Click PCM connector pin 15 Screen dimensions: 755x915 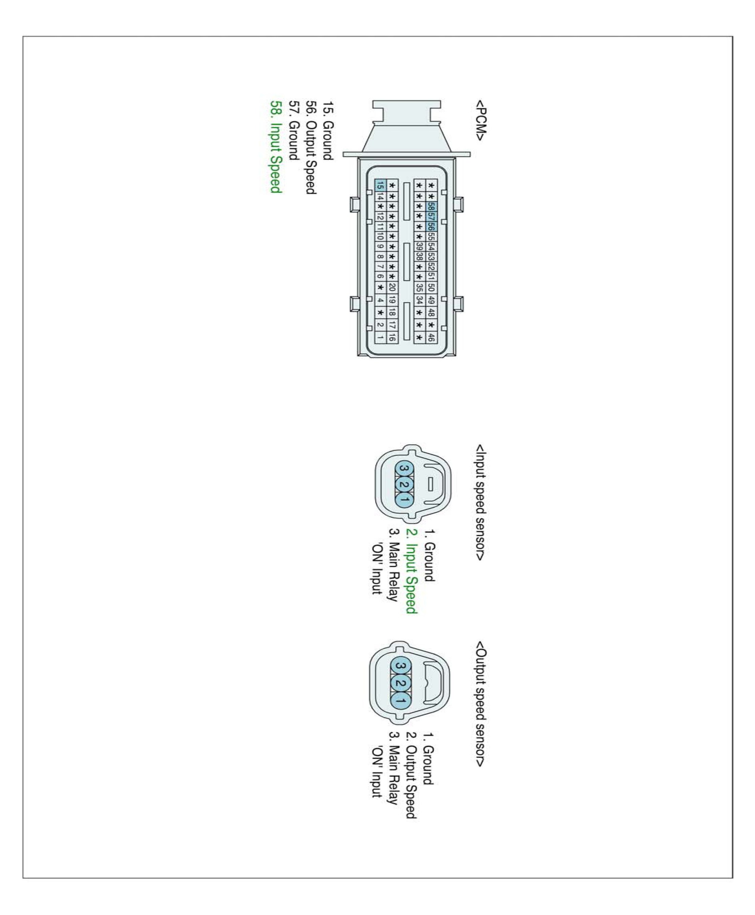click(380, 185)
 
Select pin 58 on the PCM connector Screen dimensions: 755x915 click(431, 206)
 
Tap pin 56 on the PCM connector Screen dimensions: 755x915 click(431, 227)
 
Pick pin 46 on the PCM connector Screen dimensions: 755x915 click(431, 337)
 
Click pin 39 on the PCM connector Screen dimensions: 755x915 click(419, 246)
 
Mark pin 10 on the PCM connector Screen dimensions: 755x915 click(380, 236)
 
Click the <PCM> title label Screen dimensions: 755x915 click(480, 121)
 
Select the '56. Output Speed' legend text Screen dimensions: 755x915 click(310, 147)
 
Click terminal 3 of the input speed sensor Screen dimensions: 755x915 click(403, 468)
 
